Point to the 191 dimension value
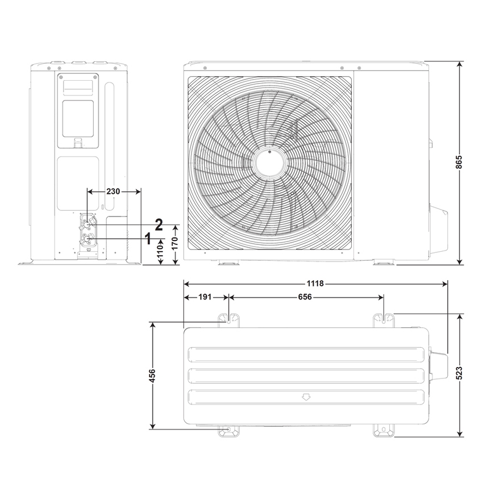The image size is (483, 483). click(x=206, y=297)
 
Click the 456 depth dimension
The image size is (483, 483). click(x=152, y=376)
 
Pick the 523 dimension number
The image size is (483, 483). click(x=459, y=373)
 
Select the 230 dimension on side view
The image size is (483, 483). click(x=113, y=191)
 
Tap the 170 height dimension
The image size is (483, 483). click(x=175, y=244)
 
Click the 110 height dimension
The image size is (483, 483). click(x=160, y=254)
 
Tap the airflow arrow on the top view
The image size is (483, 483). click(x=306, y=397)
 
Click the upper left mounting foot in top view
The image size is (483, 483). click(x=228, y=320)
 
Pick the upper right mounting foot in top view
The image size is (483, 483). click(x=384, y=320)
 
